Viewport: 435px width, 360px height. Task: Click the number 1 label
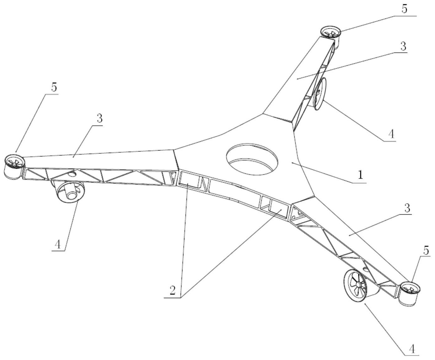[x=360, y=175]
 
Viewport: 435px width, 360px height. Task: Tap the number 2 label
[x=173, y=290]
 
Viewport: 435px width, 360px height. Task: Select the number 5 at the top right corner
[x=404, y=9]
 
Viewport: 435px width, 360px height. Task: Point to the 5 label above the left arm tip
[x=54, y=87]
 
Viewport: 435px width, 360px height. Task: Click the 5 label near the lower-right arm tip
[x=426, y=250]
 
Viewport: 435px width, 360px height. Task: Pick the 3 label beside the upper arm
[x=403, y=46]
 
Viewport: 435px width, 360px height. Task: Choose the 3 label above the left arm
[x=100, y=119]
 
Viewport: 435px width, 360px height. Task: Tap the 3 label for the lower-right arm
[x=407, y=208]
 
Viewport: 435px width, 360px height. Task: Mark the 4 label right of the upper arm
[x=391, y=134]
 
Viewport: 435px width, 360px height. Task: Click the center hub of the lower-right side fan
[x=358, y=284]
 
